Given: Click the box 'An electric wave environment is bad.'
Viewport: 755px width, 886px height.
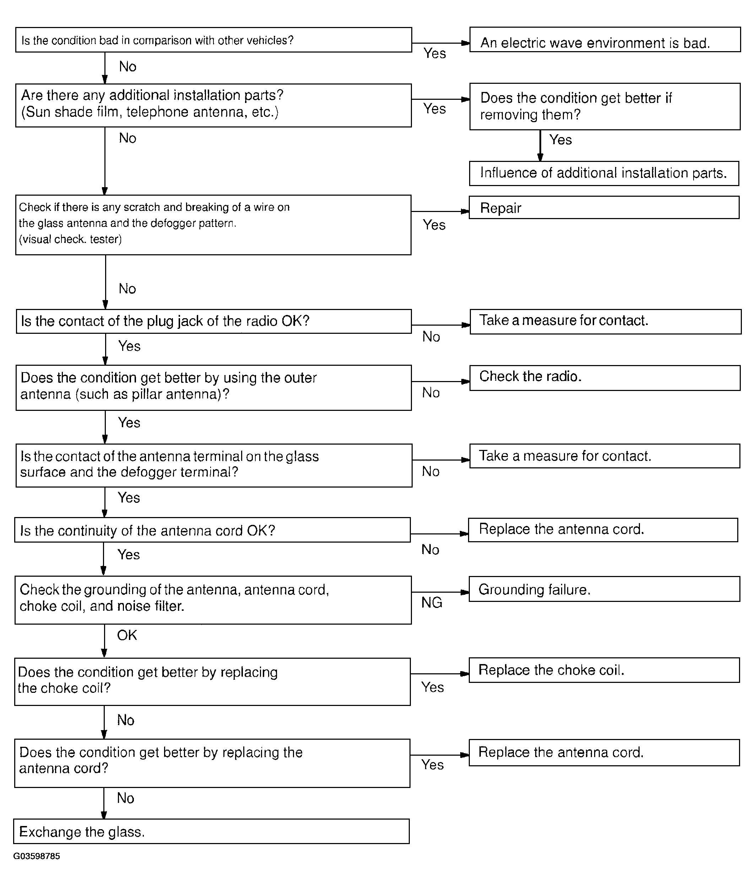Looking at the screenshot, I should pos(604,40).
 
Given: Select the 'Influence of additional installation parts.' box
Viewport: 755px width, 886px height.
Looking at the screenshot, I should pos(604,173).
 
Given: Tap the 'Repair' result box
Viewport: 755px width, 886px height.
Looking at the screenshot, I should pos(604,207).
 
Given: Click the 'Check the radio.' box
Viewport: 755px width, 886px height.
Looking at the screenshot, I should pos(604,377).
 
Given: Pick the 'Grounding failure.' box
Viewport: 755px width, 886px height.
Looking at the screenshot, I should pos(604,589).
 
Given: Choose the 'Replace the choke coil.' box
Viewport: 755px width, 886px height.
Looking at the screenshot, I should pos(604,670).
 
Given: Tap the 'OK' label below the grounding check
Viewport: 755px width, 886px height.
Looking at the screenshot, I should pos(127,635).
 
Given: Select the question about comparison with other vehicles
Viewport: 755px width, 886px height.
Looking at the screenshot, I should pos(213,40).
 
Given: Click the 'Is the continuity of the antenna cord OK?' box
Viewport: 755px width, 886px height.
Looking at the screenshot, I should pos(212,530).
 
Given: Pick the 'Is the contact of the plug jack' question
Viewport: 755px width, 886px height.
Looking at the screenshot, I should pos(213,321).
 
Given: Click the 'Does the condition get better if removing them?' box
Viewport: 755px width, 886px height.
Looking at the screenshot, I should pos(604,107).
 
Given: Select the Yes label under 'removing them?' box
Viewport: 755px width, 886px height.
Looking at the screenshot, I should pos(560,140).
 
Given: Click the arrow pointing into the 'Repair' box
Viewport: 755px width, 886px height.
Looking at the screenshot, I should pos(465,211).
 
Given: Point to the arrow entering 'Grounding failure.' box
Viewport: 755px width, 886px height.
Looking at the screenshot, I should pos(464,592).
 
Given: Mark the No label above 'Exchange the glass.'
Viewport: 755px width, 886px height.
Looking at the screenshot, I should pos(126,798).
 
